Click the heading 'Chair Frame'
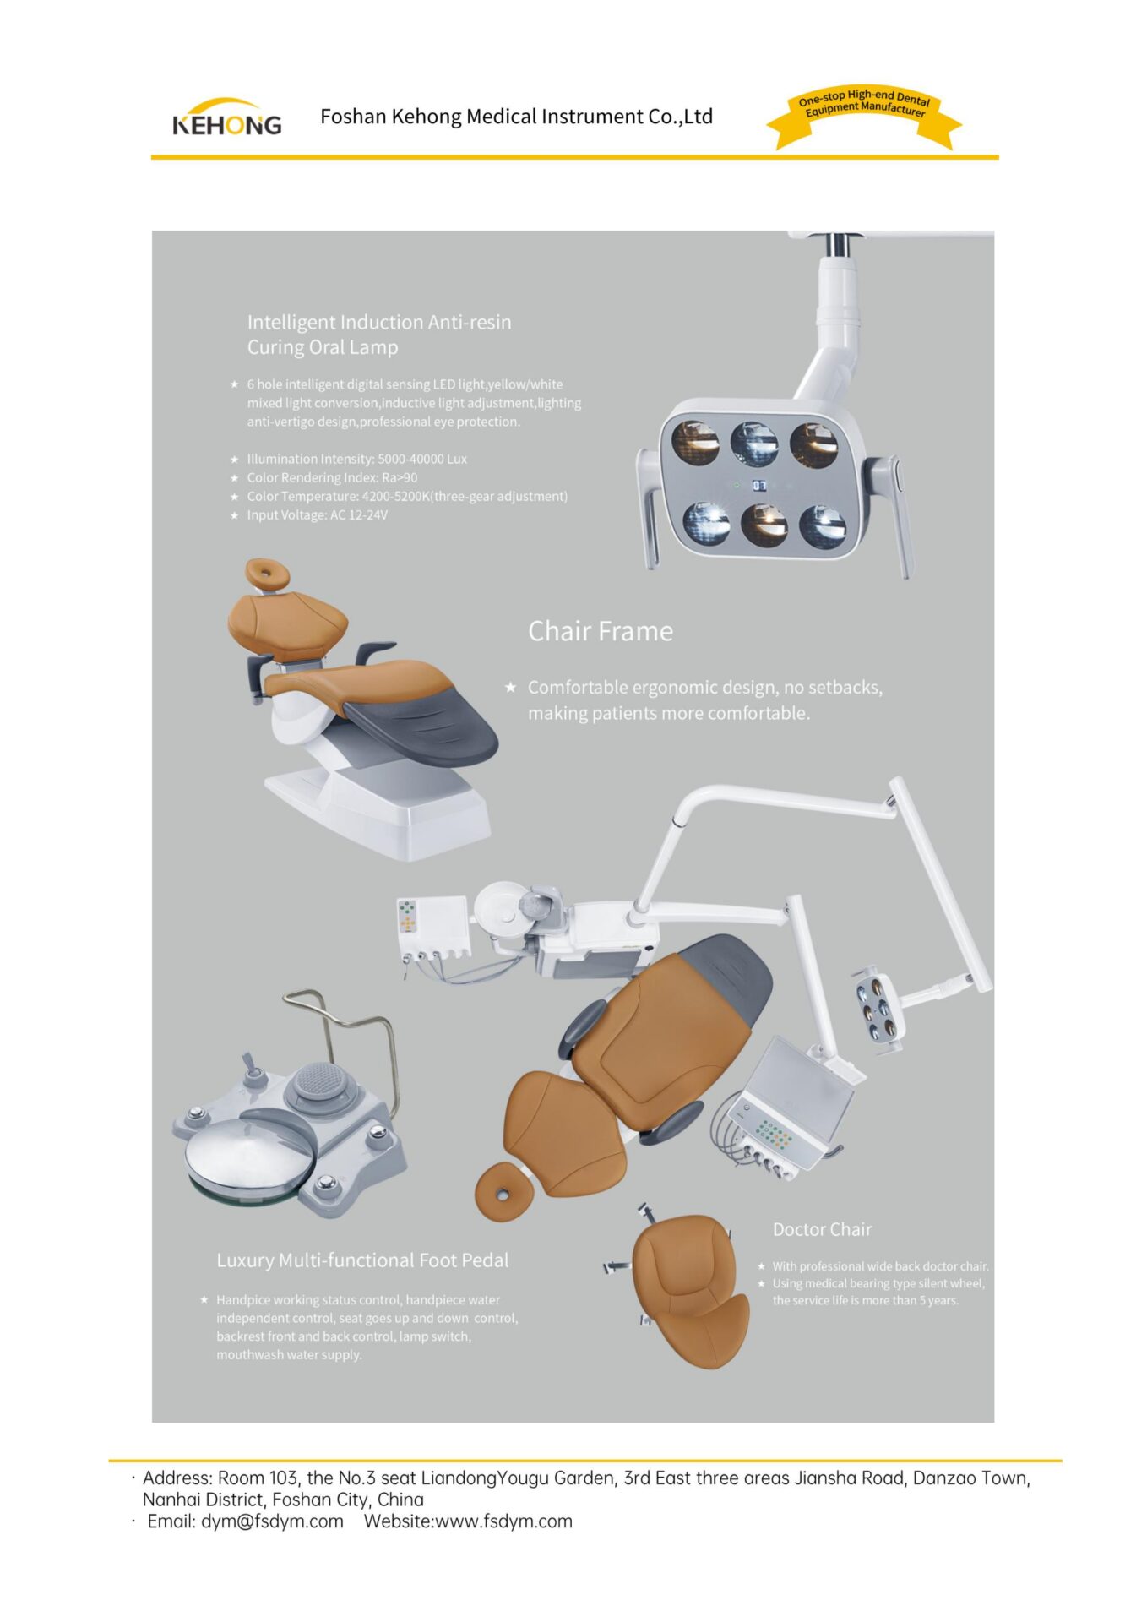(x=601, y=631)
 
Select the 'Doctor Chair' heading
(x=822, y=1229)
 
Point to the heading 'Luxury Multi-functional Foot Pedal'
(x=362, y=1260)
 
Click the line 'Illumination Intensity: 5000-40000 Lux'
(x=356, y=459)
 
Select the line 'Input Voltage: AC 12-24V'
(x=317, y=514)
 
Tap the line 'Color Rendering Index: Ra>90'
(x=332, y=477)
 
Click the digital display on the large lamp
(x=759, y=486)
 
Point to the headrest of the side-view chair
(x=267, y=575)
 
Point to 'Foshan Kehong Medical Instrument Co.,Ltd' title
(x=516, y=117)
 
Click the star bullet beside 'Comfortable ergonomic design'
(x=510, y=687)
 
